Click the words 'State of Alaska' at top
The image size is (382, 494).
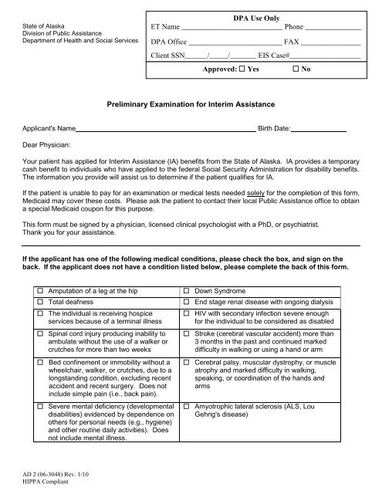(x=39, y=27)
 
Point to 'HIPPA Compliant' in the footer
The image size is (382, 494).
(x=46, y=479)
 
